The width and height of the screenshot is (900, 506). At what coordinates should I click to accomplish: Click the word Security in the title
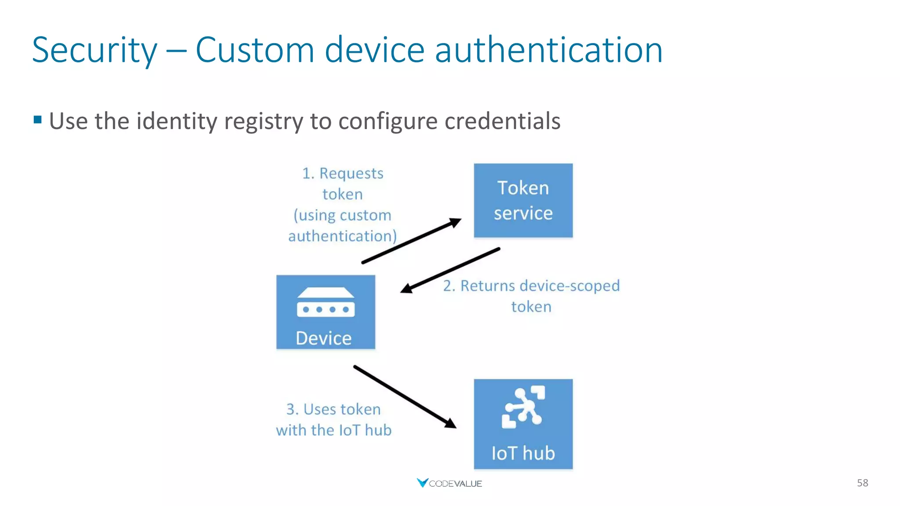(x=94, y=50)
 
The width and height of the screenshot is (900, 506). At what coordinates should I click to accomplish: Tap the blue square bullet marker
(x=38, y=119)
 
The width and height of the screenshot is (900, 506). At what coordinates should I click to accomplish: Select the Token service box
(x=523, y=200)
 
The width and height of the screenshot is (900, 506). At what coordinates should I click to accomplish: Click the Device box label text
(x=324, y=338)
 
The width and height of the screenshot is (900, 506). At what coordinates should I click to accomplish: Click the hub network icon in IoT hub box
(x=523, y=407)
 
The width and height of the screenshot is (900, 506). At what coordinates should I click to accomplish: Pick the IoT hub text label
(x=523, y=453)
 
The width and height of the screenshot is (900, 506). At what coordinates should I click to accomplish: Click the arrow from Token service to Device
(x=450, y=270)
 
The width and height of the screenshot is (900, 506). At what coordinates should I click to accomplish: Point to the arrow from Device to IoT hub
(x=405, y=396)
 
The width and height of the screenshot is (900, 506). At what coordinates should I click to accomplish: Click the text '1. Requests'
(x=343, y=173)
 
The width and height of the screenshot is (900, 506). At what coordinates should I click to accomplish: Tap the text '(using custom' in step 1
(x=342, y=215)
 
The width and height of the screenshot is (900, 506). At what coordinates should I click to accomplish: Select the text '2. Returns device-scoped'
(x=531, y=286)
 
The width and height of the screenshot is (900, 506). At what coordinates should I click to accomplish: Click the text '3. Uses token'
(x=334, y=409)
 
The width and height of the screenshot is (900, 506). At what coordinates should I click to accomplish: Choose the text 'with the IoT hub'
(x=334, y=430)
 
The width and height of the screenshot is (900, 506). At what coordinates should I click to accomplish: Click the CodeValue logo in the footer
(x=449, y=483)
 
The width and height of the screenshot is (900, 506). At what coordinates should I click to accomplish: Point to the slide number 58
(x=862, y=483)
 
